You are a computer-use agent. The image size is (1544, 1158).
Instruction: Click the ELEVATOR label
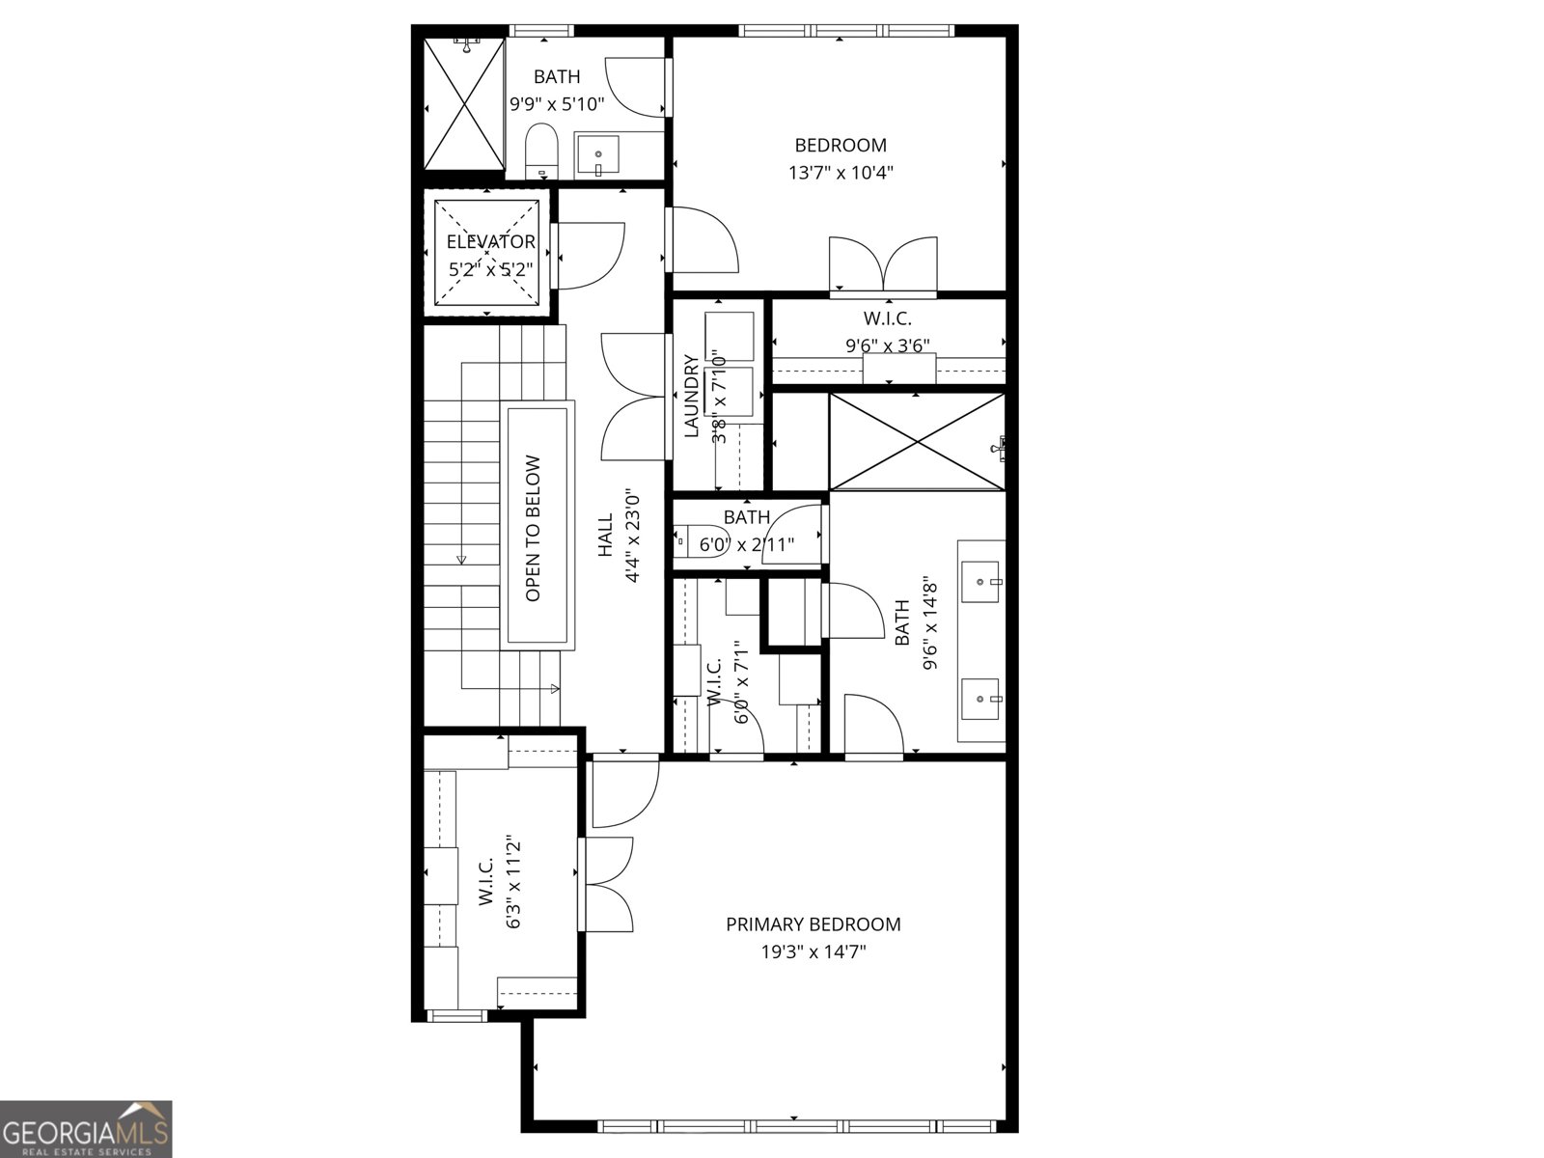point(490,242)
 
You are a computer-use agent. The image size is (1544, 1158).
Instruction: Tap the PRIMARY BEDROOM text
point(813,924)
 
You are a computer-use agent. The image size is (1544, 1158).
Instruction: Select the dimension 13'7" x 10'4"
point(841,173)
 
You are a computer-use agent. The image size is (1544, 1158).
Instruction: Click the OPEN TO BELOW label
point(534,529)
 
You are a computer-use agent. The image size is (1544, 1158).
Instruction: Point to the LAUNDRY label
point(691,397)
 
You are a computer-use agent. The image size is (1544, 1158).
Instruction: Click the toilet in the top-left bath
point(542,151)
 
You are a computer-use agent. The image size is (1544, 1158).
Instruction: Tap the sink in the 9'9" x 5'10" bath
point(599,155)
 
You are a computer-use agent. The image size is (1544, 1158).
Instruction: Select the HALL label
point(606,535)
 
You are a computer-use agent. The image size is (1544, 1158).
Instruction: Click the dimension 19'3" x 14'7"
point(813,952)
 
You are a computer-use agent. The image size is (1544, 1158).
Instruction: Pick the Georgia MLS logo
point(86,1128)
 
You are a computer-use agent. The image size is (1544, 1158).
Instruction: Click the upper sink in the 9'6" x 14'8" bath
point(982,582)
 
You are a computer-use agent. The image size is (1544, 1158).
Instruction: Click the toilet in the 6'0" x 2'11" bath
point(686,543)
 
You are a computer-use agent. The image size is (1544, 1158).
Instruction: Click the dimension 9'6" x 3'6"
point(887,345)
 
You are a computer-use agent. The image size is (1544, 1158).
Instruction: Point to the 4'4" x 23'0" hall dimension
point(634,535)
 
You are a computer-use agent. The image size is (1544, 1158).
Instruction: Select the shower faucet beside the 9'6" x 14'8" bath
point(1001,446)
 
